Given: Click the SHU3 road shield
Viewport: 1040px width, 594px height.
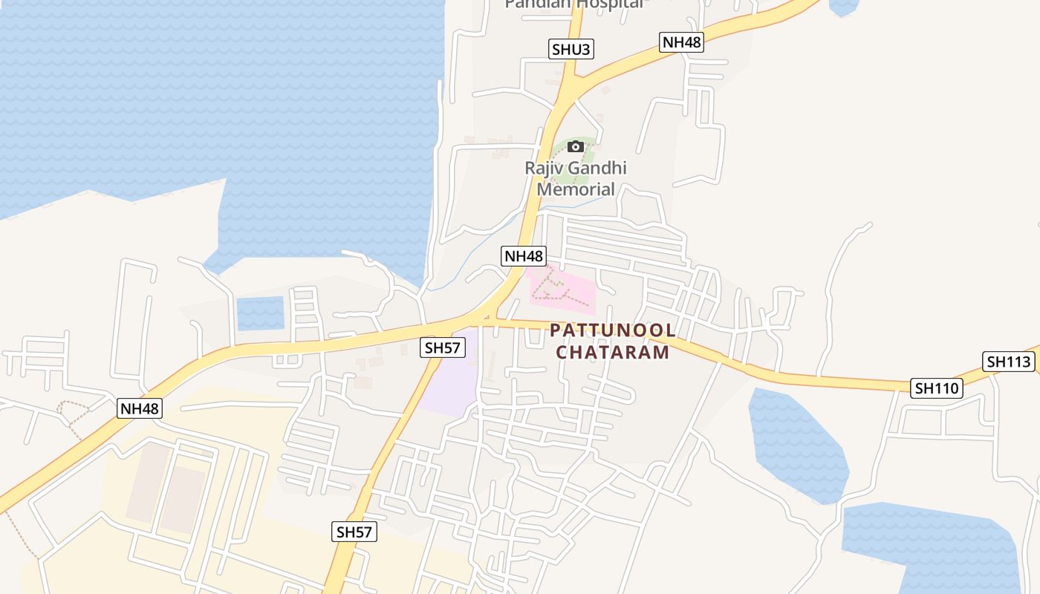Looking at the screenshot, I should (572, 50).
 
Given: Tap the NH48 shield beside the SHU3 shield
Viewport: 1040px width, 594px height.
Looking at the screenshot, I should (681, 42).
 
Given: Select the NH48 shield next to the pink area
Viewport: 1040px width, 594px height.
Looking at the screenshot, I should (524, 256).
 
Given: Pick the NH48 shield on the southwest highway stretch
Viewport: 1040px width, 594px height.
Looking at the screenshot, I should (140, 408).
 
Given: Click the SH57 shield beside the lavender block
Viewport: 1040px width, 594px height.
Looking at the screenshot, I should (443, 347).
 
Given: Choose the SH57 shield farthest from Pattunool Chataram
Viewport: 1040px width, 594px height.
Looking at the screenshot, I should (354, 532).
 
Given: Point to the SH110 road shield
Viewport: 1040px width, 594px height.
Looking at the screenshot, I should (937, 388).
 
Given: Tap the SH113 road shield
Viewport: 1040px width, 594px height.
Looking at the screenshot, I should (1010, 362).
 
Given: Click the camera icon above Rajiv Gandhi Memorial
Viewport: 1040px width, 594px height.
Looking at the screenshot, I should (576, 147).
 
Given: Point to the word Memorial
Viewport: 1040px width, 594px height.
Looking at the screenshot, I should (576, 189).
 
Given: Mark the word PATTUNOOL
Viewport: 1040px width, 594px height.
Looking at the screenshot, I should (613, 330).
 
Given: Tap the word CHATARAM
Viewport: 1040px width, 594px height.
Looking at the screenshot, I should (613, 352).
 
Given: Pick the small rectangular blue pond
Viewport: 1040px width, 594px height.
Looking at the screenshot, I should (261, 313).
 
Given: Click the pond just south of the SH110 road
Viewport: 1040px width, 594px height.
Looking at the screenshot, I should (799, 446).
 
